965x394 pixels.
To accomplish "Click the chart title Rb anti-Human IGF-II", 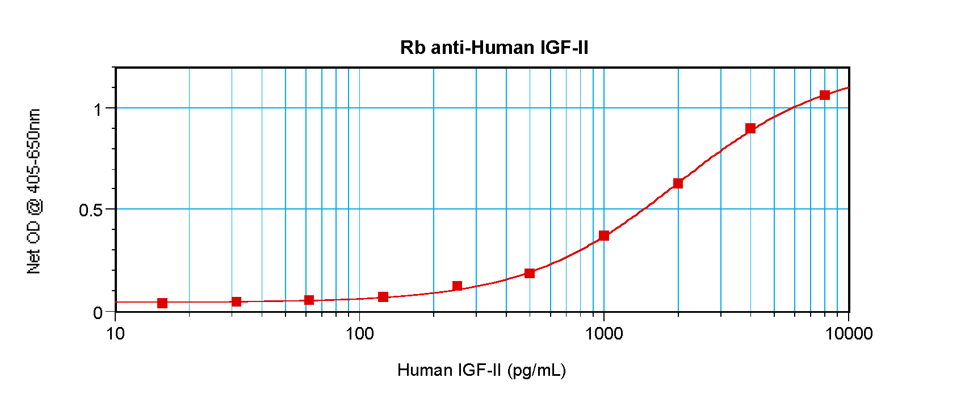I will [494, 47].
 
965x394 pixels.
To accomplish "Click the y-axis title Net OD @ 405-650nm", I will [34, 191].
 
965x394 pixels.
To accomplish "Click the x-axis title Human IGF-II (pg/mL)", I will [481, 370].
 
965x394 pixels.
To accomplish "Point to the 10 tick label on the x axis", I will [115, 333].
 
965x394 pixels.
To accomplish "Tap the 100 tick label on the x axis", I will [359, 333].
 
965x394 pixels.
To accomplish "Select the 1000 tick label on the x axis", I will [604, 333].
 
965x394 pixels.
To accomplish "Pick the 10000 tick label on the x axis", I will [849, 333].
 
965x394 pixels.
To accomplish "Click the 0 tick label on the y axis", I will [98, 313].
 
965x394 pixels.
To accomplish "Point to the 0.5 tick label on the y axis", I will [91, 210].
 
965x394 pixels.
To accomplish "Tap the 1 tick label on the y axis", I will [98, 108].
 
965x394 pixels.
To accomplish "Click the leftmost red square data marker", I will [162, 303].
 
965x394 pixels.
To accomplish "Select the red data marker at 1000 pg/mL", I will [604, 236].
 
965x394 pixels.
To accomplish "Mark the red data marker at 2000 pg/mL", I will [678, 183].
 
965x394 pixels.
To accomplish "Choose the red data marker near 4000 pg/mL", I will [750, 128].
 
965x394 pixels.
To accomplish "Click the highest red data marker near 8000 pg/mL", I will [825, 95].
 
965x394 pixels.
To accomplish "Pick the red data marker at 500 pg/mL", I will [530, 273].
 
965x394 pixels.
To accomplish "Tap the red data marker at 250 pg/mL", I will [457, 286].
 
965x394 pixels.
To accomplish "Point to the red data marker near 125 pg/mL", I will [383, 297].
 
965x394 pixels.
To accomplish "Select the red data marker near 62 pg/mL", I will [309, 300].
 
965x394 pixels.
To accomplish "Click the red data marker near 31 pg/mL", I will [236, 301].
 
